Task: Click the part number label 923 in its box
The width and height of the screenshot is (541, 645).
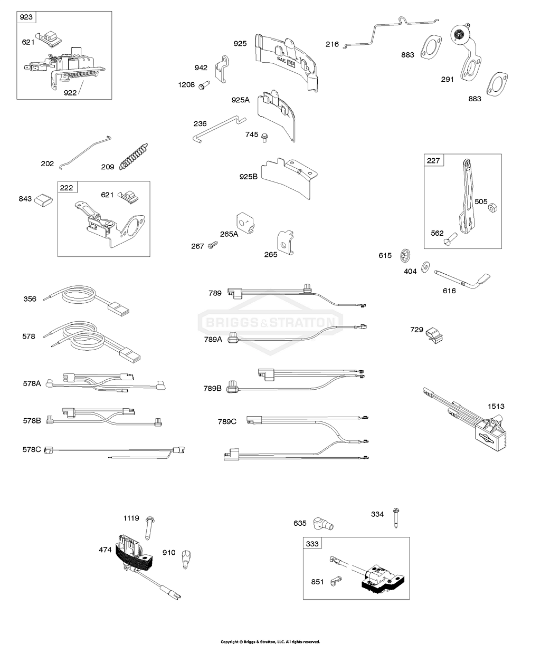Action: (x=26, y=17)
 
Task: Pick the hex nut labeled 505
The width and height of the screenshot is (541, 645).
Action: (x=492, y=208)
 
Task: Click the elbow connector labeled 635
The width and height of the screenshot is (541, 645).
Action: (x=320, y=523)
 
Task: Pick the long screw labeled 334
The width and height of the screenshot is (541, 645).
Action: (x=395, y=518)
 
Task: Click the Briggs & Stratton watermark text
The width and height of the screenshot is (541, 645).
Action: (x=270, y=322)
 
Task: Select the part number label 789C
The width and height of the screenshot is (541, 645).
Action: (x=227, y=421)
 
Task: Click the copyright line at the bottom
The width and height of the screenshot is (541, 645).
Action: (x=270, y=641)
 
